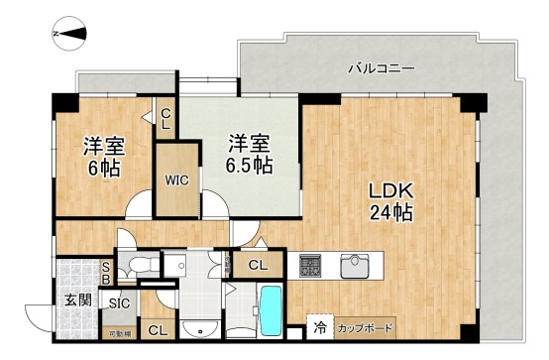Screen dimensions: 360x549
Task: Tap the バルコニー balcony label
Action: [381, 68]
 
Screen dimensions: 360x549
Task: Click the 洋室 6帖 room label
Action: [101, 158]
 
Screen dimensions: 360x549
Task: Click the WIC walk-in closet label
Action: [177, 180]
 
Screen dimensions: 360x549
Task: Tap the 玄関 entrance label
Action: [79, 300]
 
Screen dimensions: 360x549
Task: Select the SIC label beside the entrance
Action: [120, 303]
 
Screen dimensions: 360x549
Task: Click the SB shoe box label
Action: [107, 272]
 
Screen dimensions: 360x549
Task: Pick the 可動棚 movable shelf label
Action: [119, 332]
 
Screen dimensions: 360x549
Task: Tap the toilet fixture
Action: [135, 265]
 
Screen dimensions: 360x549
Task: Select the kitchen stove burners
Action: [311, 266]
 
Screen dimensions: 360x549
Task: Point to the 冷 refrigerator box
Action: [320, 326]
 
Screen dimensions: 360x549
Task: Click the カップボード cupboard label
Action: [364, 327]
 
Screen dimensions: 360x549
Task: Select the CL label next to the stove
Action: [257, 265]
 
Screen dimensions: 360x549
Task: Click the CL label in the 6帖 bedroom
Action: [165, 120]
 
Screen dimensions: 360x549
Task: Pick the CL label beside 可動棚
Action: [157, 330]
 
